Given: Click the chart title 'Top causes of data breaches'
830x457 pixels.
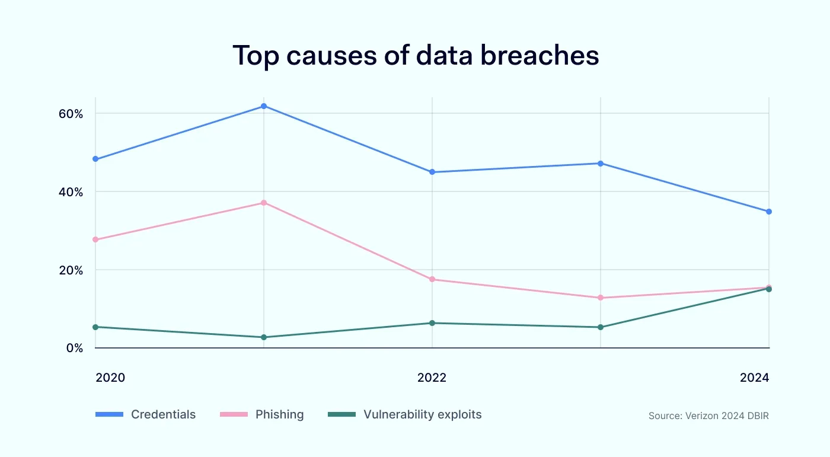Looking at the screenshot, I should pyautogui.click(x=415, y=56).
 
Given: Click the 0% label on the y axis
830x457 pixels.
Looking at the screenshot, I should pyautogui.click(x=74, y=348).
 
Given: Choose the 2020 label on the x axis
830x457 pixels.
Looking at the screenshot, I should pyautogui.click(x=110, y=378).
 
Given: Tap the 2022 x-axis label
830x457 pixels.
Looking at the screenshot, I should pyautogui.click(x=432, y=378).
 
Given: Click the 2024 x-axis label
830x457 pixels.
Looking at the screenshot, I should pyautogui.click(x=754, y=378).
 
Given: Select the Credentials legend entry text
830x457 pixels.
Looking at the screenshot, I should pyautogui.click(x=163, y=414).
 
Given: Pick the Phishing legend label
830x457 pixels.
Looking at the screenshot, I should pyautogui.click(x=279, y=414).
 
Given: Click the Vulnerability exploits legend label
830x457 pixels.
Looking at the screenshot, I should pyautogui.click(x=422, y=414).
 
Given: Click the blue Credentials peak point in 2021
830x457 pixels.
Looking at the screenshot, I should pyautogui.click(x=264, y=106).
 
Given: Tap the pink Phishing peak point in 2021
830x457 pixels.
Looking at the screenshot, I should pyautogui.click(x=264, y=203).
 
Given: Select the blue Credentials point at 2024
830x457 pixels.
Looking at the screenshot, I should pyautogui.click(x=769, y=212).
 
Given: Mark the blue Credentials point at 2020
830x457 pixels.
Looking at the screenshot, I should pyautogui.click(x=95, y=159).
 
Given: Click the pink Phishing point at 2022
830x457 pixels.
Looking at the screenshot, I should pyautogui.click(x=432, y=279).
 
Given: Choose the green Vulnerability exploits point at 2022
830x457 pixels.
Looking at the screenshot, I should pyautogui.click(x=432, y=323).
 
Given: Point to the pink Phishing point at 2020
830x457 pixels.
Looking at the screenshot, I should pyautogui.click(x=95, y=239).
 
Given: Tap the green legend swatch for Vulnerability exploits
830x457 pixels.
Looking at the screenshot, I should pyautogui.click(x=341, y=414).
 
